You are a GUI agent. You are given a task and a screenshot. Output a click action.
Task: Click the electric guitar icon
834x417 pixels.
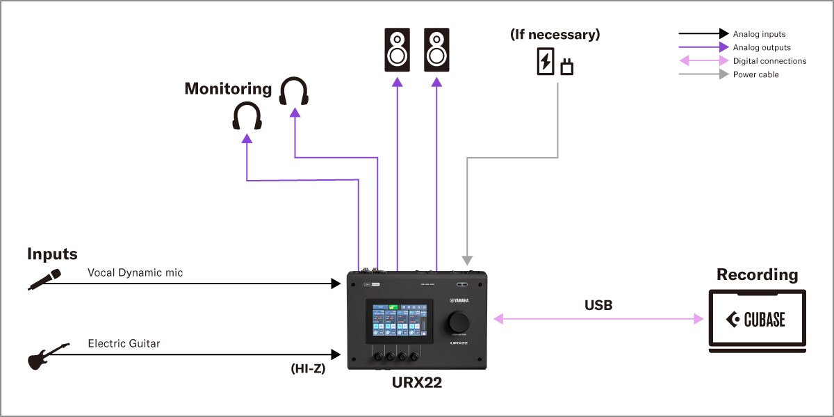click(x=48, y=357)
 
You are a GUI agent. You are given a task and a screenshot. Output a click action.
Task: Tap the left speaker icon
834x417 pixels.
click(x=398, y=50)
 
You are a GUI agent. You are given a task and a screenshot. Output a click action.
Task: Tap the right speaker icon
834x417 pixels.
click(x=437, y=50)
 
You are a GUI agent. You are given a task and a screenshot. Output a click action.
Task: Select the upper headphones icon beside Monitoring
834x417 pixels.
click(x=294, y=92)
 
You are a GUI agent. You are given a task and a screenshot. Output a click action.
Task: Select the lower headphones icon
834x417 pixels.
click(x=247, y=116)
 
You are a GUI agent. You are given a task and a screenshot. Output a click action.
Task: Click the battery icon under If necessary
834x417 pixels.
click(x=546, y=61)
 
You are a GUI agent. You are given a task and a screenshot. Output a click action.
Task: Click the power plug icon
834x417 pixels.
click(x=566, y=67)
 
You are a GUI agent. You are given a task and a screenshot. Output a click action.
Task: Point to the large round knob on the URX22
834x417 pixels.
click(x=459, y=322)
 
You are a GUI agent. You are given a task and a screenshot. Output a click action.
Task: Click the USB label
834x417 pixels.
click(x=598, y=304)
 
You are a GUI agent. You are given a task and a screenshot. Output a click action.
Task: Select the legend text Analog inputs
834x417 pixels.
click(x=759, y=33)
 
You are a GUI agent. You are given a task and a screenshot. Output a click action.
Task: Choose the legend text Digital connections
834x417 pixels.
click(x=769, y=61)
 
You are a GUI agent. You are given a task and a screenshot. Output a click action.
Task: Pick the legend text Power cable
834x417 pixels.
click(x=755, y=74)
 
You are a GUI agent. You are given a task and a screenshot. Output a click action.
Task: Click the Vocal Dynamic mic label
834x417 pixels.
click(x=136, y=273)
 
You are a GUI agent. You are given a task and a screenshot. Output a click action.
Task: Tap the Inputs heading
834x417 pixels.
click(x=52, y=254)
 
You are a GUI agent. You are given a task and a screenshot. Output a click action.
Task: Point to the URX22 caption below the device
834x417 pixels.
click(x=417, y=382)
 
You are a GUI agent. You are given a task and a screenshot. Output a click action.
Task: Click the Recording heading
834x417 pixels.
click(x=757, y=275)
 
